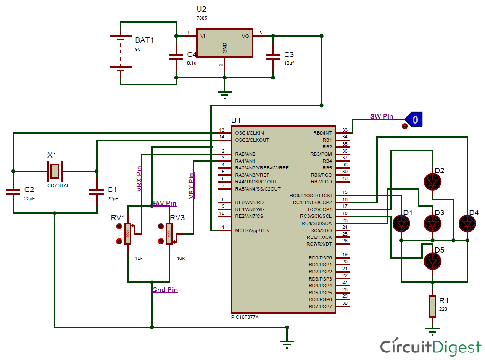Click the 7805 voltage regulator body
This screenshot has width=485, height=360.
pos(224,43)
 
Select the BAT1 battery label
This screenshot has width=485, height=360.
pos(145,41)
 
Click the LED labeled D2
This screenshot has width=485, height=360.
pos(432,181)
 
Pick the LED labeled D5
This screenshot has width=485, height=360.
pos(432,261)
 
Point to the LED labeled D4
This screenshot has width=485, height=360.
pos(467,223)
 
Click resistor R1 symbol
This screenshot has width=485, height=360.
pos(432,306)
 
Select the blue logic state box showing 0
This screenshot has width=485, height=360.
pos(414,120)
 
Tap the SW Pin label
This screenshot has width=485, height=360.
pos(381,116)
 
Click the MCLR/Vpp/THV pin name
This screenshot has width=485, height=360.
pos(252,230)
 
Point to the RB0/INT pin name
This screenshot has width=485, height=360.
pos(322,133)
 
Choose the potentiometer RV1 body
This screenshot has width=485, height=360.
pos(128,233)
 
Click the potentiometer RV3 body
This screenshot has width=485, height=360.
pos(169,233)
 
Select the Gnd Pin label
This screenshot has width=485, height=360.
pos(165,290)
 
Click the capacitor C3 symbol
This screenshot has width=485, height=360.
pos(273,56)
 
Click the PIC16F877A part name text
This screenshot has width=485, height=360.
pos(245,317)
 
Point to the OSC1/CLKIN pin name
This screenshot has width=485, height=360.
pos(250,133)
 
